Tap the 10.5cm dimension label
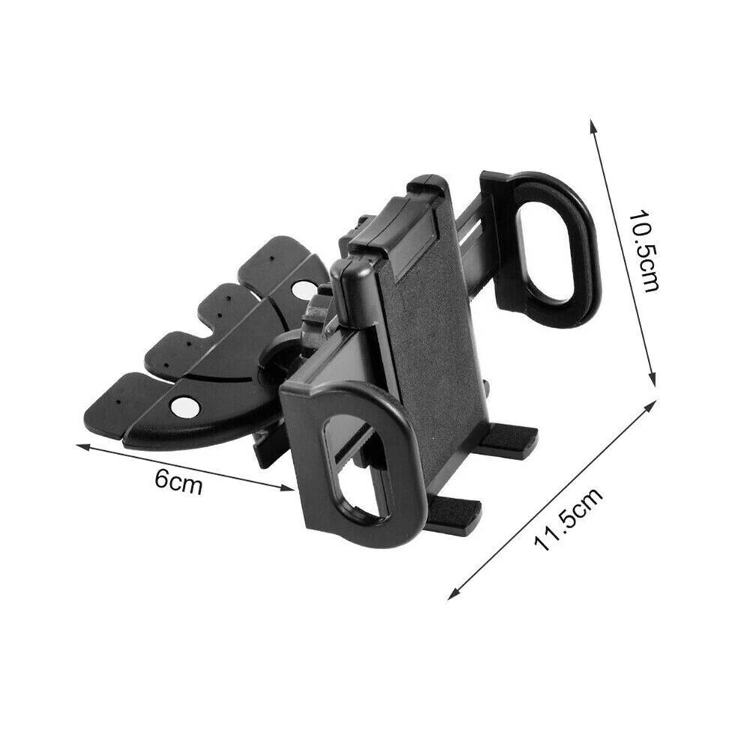644,250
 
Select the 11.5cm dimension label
568,519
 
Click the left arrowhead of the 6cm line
82,447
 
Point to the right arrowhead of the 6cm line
287,488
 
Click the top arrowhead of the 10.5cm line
593,126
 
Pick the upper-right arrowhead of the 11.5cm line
650,408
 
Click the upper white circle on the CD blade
302,288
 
